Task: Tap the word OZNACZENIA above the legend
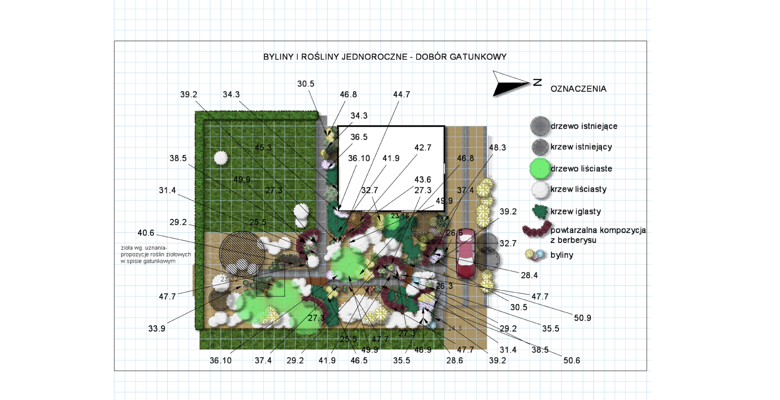(x=578, y=89)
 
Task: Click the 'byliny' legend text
(x=562, y=255)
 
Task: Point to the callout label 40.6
(x=146, y=233)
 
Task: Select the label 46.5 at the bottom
(x=359, y=360)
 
